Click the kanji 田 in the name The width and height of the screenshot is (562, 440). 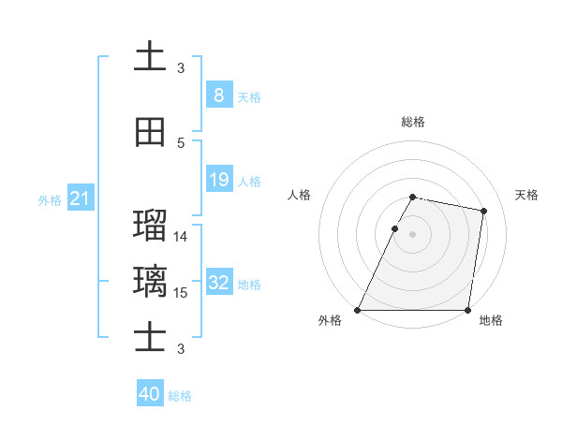(150, 132)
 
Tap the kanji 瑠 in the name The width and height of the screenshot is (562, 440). (150, 225)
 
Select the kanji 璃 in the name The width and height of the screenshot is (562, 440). (150, 281)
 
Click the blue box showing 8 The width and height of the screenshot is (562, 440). (218, 95)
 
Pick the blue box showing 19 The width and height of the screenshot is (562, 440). (218, 180)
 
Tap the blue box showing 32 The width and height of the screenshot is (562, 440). (219, 283)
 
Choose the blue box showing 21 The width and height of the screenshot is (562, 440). (80, 198)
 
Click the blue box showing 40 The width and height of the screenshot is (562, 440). (150, 394)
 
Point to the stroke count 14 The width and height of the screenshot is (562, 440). (181, 237)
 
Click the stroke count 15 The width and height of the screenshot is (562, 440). (181, 293)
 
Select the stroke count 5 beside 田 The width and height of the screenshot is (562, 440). (181, 142)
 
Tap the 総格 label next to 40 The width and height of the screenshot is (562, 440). (180, 396)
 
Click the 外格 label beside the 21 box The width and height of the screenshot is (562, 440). (50, 199)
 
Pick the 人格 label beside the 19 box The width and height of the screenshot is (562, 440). (249, 181)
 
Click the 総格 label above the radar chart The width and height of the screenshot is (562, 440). (413, 122)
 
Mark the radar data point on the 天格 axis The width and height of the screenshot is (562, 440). (483, 212)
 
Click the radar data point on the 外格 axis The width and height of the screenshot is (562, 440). (358, 310)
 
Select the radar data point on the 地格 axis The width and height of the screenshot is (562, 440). (467, 310)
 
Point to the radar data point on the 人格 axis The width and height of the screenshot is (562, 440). (395, 228)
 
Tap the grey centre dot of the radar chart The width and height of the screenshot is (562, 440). (413, 234)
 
